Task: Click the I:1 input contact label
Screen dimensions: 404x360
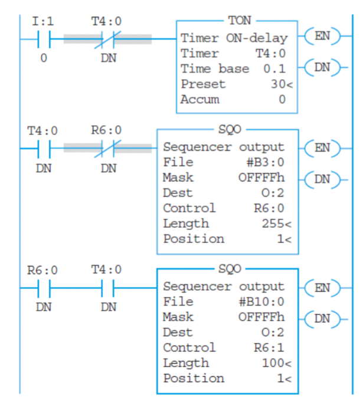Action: point(42,21)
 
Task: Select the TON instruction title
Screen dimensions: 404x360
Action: point(238,21)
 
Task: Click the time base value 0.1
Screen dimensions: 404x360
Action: point(276,68)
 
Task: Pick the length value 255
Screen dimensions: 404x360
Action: point(272,224)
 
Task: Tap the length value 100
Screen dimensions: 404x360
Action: point(272,363)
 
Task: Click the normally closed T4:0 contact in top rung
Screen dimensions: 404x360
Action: point(107,40)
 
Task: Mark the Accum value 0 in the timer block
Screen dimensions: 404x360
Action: point(282,99)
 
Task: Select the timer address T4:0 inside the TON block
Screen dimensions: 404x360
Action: point(273,53)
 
